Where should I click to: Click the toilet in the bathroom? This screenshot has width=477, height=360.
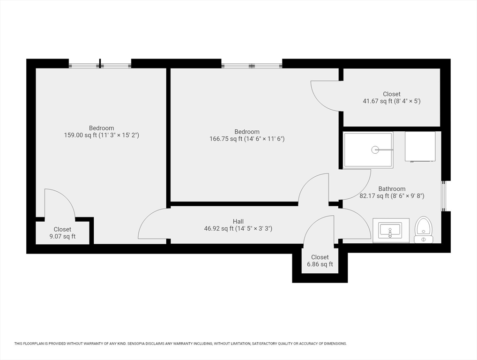coord(424,230)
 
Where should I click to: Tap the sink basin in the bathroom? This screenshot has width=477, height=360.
coord(390,230)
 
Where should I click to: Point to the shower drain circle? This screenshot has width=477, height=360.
coord(375,150)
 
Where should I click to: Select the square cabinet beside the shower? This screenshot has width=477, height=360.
coord(420,146)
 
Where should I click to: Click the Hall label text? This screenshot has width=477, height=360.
coord(238,222)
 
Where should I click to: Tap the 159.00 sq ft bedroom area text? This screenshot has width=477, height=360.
coord(101,135)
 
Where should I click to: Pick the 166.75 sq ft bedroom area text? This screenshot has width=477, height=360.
coord(247,139)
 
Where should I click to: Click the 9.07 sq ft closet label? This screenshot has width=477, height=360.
coord(62,236)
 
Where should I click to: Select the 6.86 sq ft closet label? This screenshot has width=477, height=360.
coord(320,264)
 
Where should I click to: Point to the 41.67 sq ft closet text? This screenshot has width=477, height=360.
coord(392,101)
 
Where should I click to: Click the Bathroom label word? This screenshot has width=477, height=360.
coord(392,189)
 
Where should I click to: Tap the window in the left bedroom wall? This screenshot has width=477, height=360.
coord(100,65)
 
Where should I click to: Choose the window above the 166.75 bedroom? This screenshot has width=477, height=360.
coord(252,66)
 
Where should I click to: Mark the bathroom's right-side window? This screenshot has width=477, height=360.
coord(444,195)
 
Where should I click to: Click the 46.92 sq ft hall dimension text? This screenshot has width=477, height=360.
coord(238,229)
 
